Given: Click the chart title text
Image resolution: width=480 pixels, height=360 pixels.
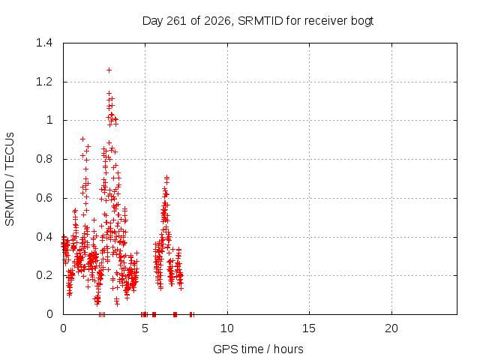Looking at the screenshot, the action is (x=258, y=21).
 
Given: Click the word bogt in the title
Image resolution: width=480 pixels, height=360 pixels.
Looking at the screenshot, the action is (x=361, y=21).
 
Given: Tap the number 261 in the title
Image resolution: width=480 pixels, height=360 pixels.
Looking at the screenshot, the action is (x=176, y=21).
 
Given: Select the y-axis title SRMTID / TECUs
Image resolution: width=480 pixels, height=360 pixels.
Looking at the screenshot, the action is (x=10, y=179).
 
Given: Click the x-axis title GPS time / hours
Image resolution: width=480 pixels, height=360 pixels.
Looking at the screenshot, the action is (x=258, y=349).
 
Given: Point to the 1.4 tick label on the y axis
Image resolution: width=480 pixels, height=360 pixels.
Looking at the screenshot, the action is (x=44, y=43).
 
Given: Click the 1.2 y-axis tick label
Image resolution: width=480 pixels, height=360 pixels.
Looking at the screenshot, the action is (x=44, y=82).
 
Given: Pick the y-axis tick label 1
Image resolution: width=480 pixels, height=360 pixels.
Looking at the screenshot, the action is (x=49, y=120).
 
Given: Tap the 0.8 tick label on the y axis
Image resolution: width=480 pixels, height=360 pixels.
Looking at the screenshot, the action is (x=44, y=159).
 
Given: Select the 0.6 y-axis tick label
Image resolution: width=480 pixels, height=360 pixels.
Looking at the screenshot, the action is (x=44, y=198).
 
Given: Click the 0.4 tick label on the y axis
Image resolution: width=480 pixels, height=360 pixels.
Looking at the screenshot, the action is (x=44, y=237).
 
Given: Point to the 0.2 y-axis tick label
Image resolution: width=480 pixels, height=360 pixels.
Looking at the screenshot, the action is (x=44, y=275).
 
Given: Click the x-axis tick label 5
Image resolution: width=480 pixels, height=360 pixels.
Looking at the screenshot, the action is (x=145, y=328).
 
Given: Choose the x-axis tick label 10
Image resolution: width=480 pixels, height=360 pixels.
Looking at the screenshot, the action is (x=227, y=328).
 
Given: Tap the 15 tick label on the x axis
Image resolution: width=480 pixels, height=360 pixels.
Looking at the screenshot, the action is (x=309, y=328).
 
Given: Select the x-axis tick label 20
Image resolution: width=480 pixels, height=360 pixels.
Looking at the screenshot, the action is (x=391, y=328).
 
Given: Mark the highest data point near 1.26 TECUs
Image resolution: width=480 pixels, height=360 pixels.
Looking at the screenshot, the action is (x=109, y=70).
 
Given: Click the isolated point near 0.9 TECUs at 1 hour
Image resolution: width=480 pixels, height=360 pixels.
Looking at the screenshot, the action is (x=82, y=139).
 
